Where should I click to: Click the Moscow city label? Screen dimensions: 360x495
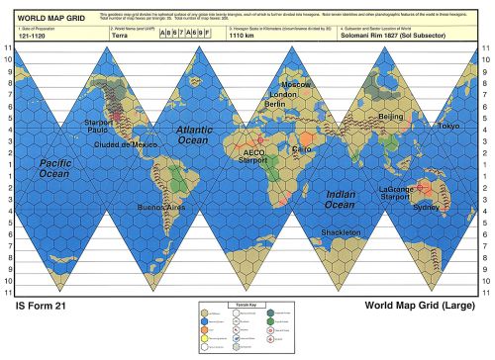[x=296, y=85]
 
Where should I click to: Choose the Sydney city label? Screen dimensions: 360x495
[x=426, y=208]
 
